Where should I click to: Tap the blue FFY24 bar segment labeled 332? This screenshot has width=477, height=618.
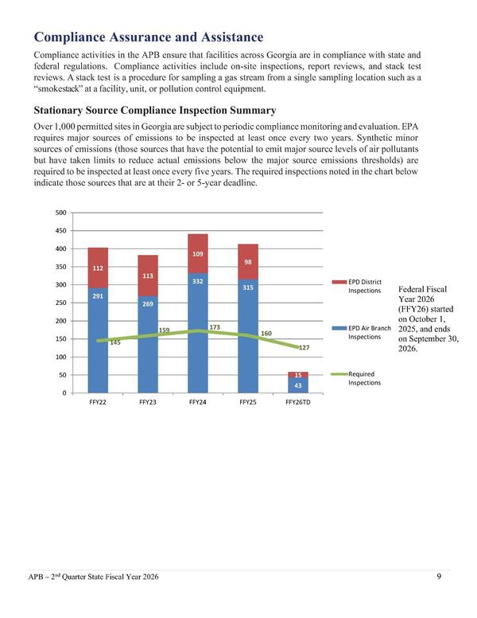point(198,319)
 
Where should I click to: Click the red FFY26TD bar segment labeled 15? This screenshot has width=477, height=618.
point(298,374)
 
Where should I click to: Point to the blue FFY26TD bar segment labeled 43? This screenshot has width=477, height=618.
point(298,385)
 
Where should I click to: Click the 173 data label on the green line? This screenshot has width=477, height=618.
point(215,327)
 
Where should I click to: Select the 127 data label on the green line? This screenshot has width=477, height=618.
point(304,348)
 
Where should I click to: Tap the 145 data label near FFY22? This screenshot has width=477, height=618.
point(115,343)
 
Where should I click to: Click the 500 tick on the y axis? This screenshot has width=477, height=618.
point(60,213)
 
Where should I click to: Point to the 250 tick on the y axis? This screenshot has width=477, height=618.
point(60,303)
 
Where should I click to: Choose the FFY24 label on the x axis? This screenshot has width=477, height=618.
point(198,403)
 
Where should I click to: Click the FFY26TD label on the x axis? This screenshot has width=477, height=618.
point(298,403)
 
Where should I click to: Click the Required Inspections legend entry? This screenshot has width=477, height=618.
point(365,377)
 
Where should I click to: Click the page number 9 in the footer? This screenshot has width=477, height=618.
point(439,577)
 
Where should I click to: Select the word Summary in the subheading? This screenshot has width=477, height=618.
point(250,110)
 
